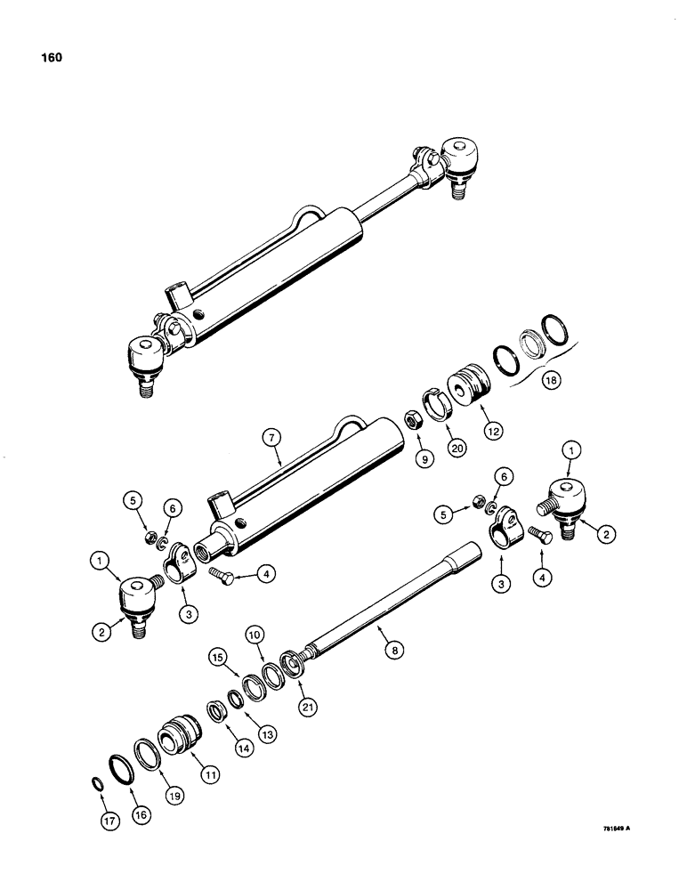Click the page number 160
tap(51, 59)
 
